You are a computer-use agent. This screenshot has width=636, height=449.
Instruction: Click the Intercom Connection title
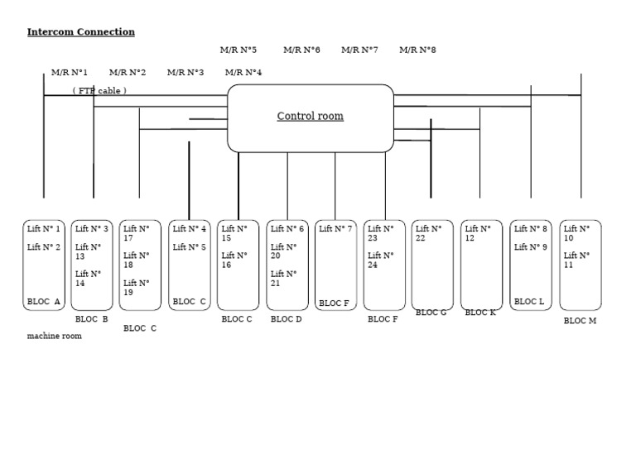pyautogui.click(x=80, y=32)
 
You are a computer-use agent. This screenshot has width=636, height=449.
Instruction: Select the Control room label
pyautogui.click(x=311, y=116)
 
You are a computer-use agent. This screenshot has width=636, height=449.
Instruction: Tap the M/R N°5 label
pyautogui.click(x=238, y=50)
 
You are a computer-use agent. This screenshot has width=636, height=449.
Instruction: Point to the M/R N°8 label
pyautogui.click(x=417, y=50)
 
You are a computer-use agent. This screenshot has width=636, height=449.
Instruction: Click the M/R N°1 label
pyautogui.click(x=69, y=73)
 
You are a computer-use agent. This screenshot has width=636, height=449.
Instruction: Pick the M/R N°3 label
pyautogui.click(x=185, y=73)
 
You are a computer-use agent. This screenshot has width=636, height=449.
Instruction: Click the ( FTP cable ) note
pyautogui.click(x=99, y=91)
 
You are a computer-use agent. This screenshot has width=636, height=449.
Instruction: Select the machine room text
pyautogui.click(x=55, y=336)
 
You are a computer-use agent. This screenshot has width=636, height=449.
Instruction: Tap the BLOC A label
pyautogui.click(x=43, y=302)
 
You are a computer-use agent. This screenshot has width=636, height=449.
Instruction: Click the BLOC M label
pyautogui.click(x=580, y=321)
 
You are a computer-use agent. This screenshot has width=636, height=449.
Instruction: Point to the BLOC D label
pyautogui.click(x=286, y=319)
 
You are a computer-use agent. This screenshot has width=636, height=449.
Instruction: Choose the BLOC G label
pyautogui.click(x=431, y=313)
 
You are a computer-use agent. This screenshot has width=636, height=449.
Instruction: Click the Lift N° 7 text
pyautogui.click(x=335, y=229)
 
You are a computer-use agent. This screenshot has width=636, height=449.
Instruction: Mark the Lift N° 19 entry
pyautogui.click(x=137, y=288)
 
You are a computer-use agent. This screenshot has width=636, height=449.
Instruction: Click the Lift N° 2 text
pyautogui.click(x=43, y=247)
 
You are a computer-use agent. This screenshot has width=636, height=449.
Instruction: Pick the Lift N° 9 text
pyautogui.click(x=531, y=247)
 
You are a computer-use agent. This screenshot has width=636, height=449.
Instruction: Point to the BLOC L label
pyautogui.click(x=529, y=302)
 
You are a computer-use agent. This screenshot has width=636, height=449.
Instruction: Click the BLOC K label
pyautogui.click(x=480, y=313)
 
